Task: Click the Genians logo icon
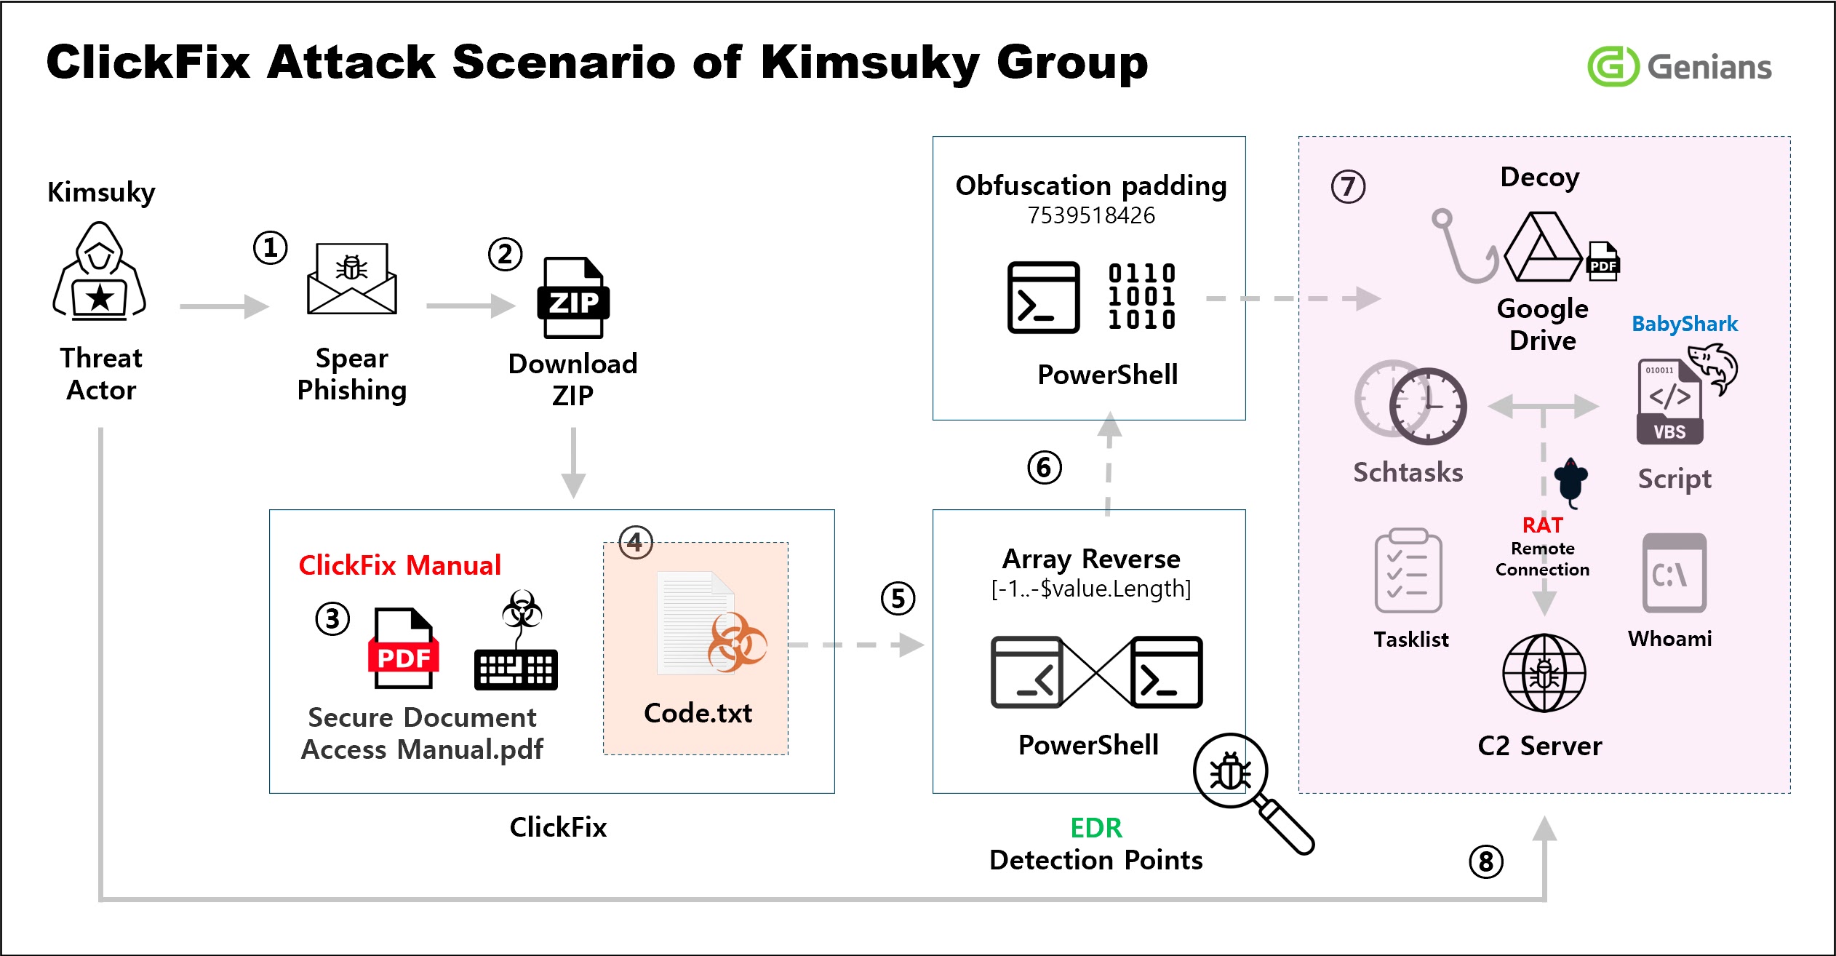pyautogui.click(x=1612, y=66)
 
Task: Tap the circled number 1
pyautogui.click(x=270, y=248)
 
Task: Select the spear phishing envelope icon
pyautogui.click(x=352, y=279)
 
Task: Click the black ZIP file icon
pyautogui.click(x=573, y=298)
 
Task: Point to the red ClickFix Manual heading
pyautogui.click(x=399, y=565)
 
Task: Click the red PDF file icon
pyautogui.click(x=404, y=648)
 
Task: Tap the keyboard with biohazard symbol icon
pyautogui.click(x=516, y=641)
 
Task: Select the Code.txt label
pyautogui.click(x=698, y=713)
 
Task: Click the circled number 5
pyautogui.click(x=898, y=599)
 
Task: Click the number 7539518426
pyautogui.click(x=1090, y=215)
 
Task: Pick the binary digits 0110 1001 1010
pyautogui.click(x=1141, y=297)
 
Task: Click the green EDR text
pyautogui.click(x=1095, y=828)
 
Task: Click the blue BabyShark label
pyautogui.click(x=1684, y=324)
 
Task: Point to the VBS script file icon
pyautogui.click(x=1670, y=401)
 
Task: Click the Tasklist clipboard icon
pyautogui.click(x=1408, y=572)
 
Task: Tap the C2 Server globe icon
pyautogui.click(x=1544, y=673)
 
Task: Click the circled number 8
pyautogui.click(x=1485, y=862)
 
